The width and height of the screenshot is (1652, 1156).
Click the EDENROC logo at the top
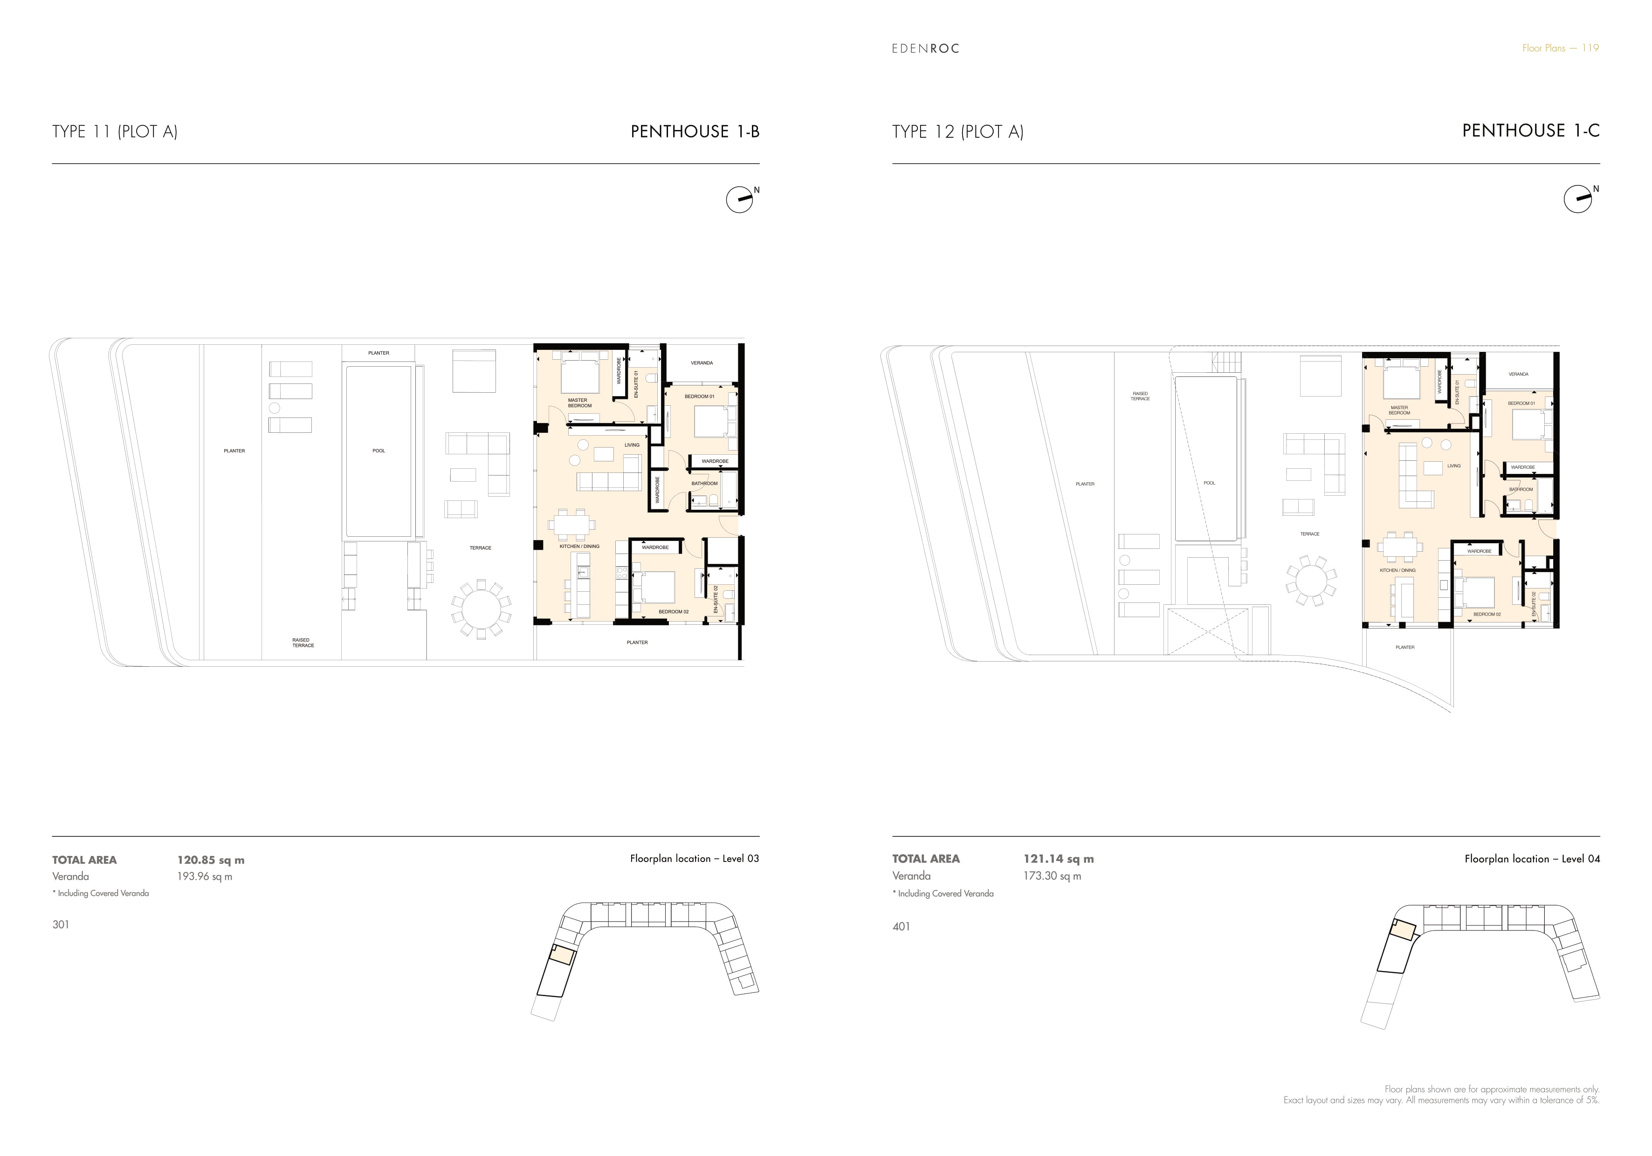(925, 49)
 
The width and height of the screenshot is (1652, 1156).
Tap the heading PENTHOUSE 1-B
(695, 132)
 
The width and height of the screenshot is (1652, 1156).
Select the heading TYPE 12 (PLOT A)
(957, 132)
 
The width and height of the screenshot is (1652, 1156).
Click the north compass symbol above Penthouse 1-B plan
(740, 200)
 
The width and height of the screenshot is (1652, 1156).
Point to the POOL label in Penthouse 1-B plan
(379, 451)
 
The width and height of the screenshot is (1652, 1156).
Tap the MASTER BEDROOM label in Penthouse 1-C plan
(1399, 410)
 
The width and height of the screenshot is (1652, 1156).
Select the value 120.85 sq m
(211, 860)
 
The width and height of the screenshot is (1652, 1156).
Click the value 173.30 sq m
(1053, 876)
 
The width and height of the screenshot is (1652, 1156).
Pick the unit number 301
(61, 924)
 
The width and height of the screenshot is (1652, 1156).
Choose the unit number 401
(902, 927)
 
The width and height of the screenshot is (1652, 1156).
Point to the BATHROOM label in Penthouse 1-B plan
(704, 483)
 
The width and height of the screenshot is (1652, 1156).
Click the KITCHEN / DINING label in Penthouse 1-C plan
(1397, 570)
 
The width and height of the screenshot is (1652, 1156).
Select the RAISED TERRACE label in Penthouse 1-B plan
(303, 643)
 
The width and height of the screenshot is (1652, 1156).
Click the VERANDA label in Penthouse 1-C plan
(1518, 374)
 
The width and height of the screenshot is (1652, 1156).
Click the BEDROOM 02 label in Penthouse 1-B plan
(674, 612)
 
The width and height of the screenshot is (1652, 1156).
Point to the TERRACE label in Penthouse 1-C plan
(1309, 534)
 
